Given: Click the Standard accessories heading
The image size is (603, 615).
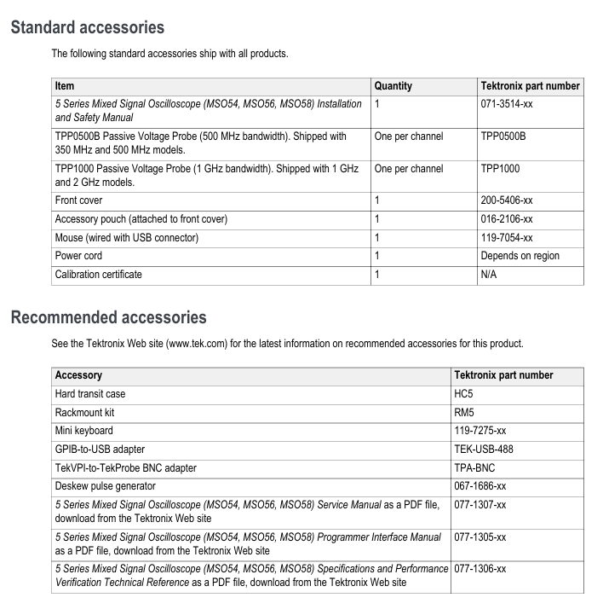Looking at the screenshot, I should (x=87, y=27).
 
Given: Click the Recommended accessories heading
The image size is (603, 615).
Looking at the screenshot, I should (x=108, y=317).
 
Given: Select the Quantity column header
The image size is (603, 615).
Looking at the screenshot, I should (x=393, y=86).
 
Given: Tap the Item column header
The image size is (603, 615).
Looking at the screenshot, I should (x=65, y=86).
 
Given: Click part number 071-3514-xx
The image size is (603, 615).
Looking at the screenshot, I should (x=508, y=104).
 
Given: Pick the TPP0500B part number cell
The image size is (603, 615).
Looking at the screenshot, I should (x=502, y=136).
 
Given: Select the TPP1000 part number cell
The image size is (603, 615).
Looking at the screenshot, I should (x=500, y=169).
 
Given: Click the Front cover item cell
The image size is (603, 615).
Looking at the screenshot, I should (x=78, y=200).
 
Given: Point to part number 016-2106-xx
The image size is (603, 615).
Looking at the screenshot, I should (x=507, y=219).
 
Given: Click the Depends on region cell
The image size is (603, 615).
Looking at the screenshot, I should (x=520, y=256).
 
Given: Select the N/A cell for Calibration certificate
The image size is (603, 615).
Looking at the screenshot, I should (x=490, y=275).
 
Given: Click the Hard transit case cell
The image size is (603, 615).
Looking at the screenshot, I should (x=91, y=394).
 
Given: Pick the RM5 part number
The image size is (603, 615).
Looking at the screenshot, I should (x=464, y=413).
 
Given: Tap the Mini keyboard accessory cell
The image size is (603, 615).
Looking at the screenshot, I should (x=83, y=431).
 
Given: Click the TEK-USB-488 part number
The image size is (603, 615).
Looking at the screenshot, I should (x=484, y=450).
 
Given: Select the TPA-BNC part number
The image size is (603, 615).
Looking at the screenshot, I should (x=474, y=468).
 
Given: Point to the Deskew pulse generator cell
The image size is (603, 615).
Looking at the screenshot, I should (x=105, y=486).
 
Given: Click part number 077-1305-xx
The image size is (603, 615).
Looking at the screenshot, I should (x=480, y=537).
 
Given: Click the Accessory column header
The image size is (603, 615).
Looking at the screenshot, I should (x=78, y=375).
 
